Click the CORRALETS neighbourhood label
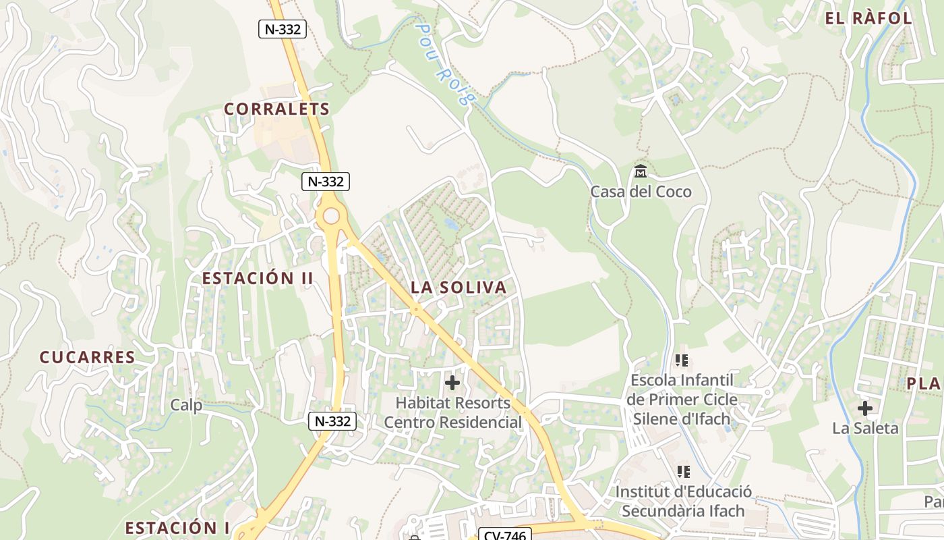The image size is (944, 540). pyautogui.click(x=276, y=109)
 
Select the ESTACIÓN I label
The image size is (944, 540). pyautogui.click(x=177, y=527)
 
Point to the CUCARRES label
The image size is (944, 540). pyautogui.click(x=88, y=357)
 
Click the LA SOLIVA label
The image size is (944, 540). pyautogui.click(x=459, y=288)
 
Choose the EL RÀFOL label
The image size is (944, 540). pyautogui.click(x=868, y=18)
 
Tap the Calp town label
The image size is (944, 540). pyautogui.click(x=186, y=405)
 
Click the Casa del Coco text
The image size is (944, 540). pyautogui.click(x=641, y=192)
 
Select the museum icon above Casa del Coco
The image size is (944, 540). pyautogui.click(x=641, y=171)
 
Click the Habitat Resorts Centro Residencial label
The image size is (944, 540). pyautogui.click(x=453, y=412)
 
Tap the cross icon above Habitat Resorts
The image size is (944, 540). pyautogui.click(x=452, y=383)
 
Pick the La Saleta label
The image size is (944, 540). pyautogui.click(x=865, y=428)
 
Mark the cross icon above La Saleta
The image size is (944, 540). pyautogui.click(x=865, y=408)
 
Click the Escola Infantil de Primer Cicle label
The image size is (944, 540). pyautogui.click(x=682, y=399)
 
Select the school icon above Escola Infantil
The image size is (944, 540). pyautogui.click(x=682, y=360)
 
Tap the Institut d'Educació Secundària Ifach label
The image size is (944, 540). pyautogui.click(x=683, y=501)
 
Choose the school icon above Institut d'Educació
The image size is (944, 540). pyautogui.click(x=683, y=471)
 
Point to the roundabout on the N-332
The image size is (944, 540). pyautogui.click(x=331, y=216)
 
